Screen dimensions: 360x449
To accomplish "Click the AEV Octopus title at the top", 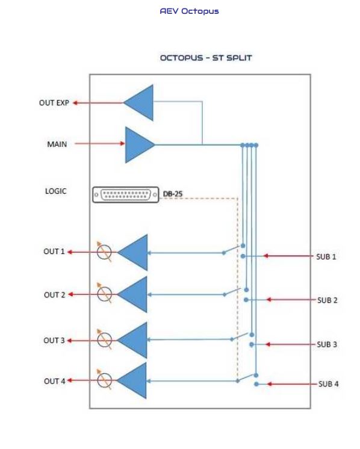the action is coord(189,11).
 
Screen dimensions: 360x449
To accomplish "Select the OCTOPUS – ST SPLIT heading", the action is coord(206,58).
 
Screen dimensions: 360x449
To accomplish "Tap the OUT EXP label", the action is coord(54,103).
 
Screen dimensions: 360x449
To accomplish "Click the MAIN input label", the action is coord(57,144).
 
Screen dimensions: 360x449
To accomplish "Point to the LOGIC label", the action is coord(55,191).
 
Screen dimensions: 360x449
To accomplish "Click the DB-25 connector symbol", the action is coord(125,195).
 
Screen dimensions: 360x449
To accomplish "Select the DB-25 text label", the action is coord(172,194).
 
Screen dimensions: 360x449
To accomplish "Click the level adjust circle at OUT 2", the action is coord(104,294).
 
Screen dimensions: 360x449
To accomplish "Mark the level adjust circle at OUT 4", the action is coord(104,380).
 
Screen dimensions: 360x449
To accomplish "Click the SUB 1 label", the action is coord(326,256).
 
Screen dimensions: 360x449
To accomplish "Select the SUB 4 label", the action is coord(328,384).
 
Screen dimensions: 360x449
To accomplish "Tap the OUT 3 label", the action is coord(54,341).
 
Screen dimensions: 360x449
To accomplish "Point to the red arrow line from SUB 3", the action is coord(290,344).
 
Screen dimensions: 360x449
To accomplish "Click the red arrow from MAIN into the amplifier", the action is coord(100,143).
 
